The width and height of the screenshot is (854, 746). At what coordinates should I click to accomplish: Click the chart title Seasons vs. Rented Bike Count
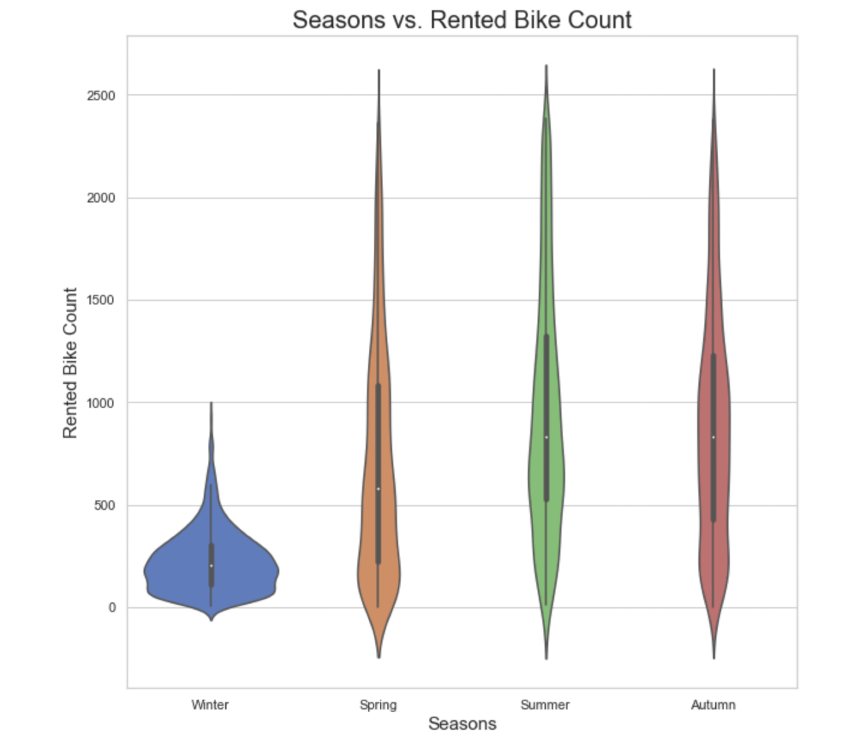(462, 20)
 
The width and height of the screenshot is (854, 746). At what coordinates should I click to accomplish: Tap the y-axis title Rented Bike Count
(70, 363)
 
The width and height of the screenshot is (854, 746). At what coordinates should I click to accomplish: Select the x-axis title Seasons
(462, 724)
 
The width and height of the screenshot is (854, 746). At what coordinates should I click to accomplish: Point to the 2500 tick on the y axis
(101, 96)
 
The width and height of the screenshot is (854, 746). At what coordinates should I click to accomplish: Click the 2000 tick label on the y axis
(101, 198)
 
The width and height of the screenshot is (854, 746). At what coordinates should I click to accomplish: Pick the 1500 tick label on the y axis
(101, 300)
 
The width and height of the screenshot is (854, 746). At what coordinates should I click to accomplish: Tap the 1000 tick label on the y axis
(101, 403)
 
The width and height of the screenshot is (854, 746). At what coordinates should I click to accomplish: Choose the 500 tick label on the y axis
(105, 505)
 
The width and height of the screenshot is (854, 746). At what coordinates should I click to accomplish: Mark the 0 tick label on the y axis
(112, 608)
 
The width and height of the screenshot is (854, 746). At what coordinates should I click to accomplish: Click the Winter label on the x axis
(210, 705)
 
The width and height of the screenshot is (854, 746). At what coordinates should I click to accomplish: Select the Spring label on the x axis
(378, 705)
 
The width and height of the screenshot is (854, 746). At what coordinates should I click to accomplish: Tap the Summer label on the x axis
(545, 705)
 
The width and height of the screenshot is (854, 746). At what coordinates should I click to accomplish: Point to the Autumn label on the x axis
(713, 705)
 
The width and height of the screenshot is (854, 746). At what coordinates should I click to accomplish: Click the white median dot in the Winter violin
(211, 566)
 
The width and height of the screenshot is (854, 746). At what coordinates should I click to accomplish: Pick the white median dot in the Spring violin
(378, 489)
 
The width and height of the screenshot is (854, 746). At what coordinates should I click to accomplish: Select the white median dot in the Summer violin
(546, 437)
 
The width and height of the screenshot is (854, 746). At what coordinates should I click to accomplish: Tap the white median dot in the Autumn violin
(714, 437)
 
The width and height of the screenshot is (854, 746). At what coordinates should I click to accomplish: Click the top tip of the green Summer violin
(546, 66)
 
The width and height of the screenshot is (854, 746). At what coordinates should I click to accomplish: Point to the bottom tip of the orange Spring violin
(379, 657)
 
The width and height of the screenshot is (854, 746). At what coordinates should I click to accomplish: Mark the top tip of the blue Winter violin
(211, 403)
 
